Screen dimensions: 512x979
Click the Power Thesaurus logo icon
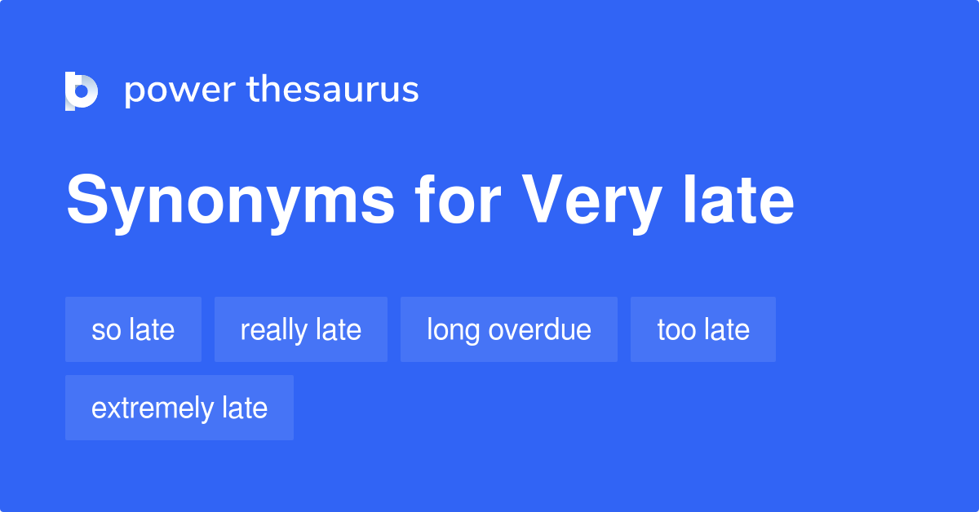82,90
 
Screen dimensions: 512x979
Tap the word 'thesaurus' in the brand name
333,90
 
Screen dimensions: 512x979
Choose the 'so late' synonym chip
133,329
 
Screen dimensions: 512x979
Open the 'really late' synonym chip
300,329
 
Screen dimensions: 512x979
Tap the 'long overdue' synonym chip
508,329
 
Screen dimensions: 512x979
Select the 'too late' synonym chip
702,329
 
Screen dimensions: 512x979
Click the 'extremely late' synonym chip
179,408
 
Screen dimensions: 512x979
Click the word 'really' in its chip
274,330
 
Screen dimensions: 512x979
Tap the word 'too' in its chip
676,329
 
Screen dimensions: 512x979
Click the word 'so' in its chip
104,330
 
